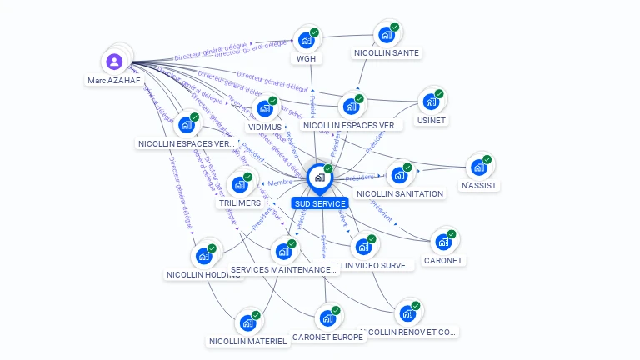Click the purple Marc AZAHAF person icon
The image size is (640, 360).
point(114,61)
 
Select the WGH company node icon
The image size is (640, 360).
point(306,39)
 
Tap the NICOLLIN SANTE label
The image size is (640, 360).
point(387,53)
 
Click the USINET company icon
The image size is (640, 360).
point(430,101)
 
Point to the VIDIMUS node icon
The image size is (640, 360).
point(264,107)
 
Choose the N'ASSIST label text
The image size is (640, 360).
point(479,186)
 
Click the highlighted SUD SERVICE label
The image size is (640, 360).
point(320,203)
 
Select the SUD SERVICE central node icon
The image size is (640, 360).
point(319,177)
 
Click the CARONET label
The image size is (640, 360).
point(443,260)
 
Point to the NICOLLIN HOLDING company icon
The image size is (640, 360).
point(203,255)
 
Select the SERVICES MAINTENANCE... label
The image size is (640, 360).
point(283,270)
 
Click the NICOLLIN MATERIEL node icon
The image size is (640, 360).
point(247,322)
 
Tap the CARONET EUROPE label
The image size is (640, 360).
point(327,337)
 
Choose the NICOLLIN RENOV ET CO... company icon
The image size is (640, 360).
point(407,312)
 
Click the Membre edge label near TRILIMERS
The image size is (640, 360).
point(280,182)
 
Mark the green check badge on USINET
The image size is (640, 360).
point(439,93)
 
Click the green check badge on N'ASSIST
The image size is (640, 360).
point(487,159)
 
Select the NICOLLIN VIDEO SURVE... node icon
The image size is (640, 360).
point(362,246)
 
